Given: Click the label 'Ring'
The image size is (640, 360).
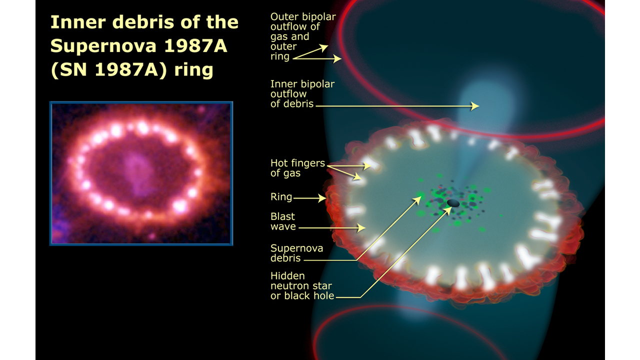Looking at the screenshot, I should (x=281, y=197).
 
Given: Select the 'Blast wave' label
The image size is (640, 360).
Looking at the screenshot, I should (x=283, y=221).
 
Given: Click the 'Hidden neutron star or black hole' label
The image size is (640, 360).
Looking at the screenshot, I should (x=302, y=285).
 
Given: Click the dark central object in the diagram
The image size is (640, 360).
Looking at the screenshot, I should (x=453, y=202).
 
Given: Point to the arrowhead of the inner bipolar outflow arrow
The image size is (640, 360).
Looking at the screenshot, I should (x=476, y=106).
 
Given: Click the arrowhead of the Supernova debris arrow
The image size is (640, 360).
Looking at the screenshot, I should (x=418, y=198).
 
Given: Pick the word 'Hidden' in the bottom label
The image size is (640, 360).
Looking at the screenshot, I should (x=287, y=275).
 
